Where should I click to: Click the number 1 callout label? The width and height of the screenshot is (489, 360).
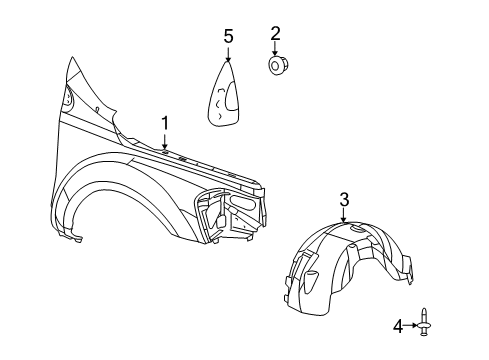[x=165, y=123]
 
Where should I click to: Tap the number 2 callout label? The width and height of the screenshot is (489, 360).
[x=275, y=33]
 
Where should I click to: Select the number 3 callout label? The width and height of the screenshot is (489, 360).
[x=343, y=200]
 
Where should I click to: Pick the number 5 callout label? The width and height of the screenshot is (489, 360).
[x=228, y=37]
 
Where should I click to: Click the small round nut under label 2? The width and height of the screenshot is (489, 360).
[x=276, y=66]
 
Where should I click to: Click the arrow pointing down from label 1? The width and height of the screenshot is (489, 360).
[x=165, y=142]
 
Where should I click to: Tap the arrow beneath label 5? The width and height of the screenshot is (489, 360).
[x=228, y=53]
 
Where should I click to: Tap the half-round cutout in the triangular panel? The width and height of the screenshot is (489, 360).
[x=231, y=97]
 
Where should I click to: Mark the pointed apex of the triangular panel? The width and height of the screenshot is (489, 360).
[x=228, y=62]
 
